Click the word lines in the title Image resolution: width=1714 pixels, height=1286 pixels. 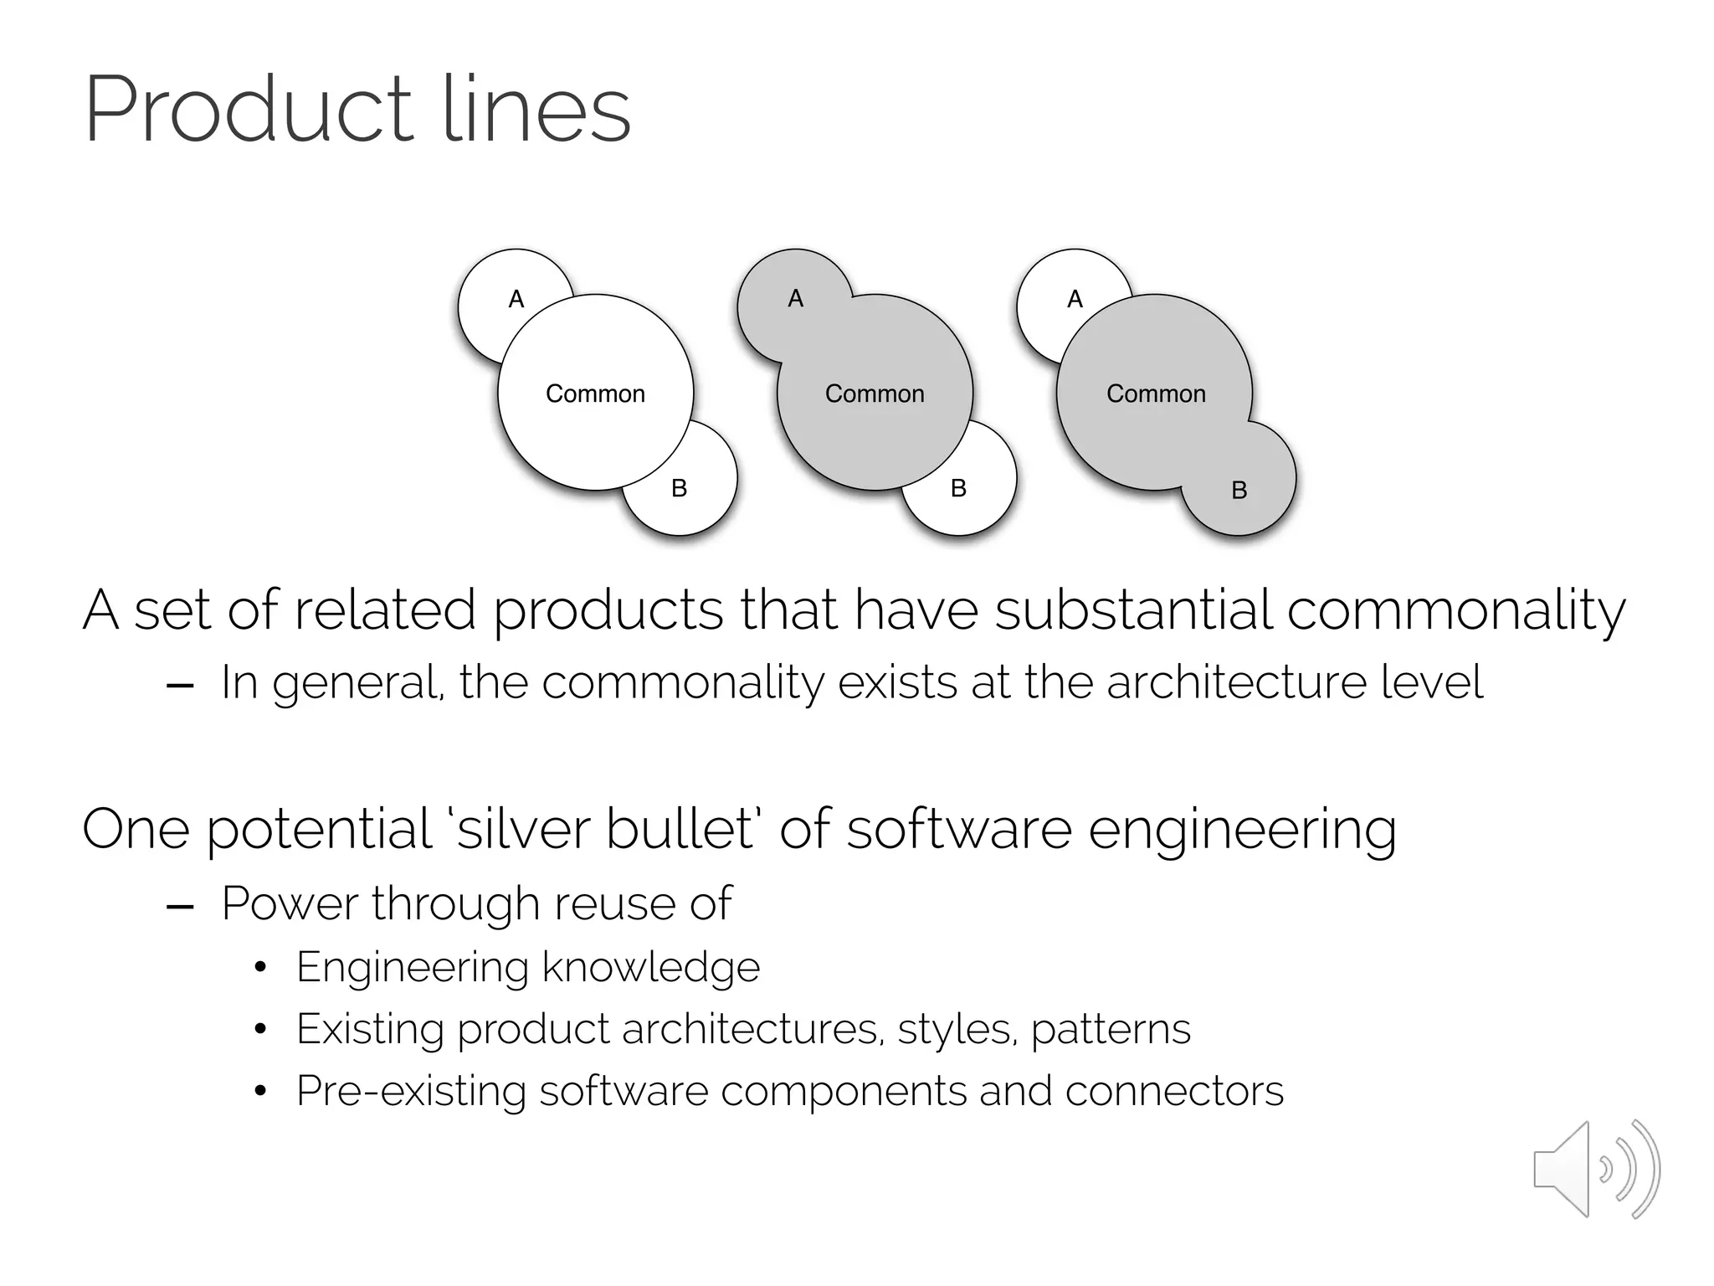536,111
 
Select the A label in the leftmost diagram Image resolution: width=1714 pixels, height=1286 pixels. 516,299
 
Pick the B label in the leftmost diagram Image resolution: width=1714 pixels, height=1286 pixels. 680,488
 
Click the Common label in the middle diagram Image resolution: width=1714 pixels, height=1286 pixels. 875,394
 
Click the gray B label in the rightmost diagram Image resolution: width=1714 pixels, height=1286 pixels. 1239,490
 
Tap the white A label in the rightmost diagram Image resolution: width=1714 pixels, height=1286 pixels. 1075,299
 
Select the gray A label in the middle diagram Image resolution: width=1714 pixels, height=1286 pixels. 796,298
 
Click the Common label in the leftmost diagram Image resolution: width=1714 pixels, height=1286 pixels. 595,394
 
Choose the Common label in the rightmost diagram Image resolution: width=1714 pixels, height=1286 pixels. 1156,394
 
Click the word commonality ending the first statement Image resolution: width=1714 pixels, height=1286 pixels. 1455,611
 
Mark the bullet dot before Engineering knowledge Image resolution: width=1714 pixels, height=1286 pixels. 260,968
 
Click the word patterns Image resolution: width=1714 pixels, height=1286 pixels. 1111,1030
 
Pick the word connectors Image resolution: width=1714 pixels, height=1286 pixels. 1174,1091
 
